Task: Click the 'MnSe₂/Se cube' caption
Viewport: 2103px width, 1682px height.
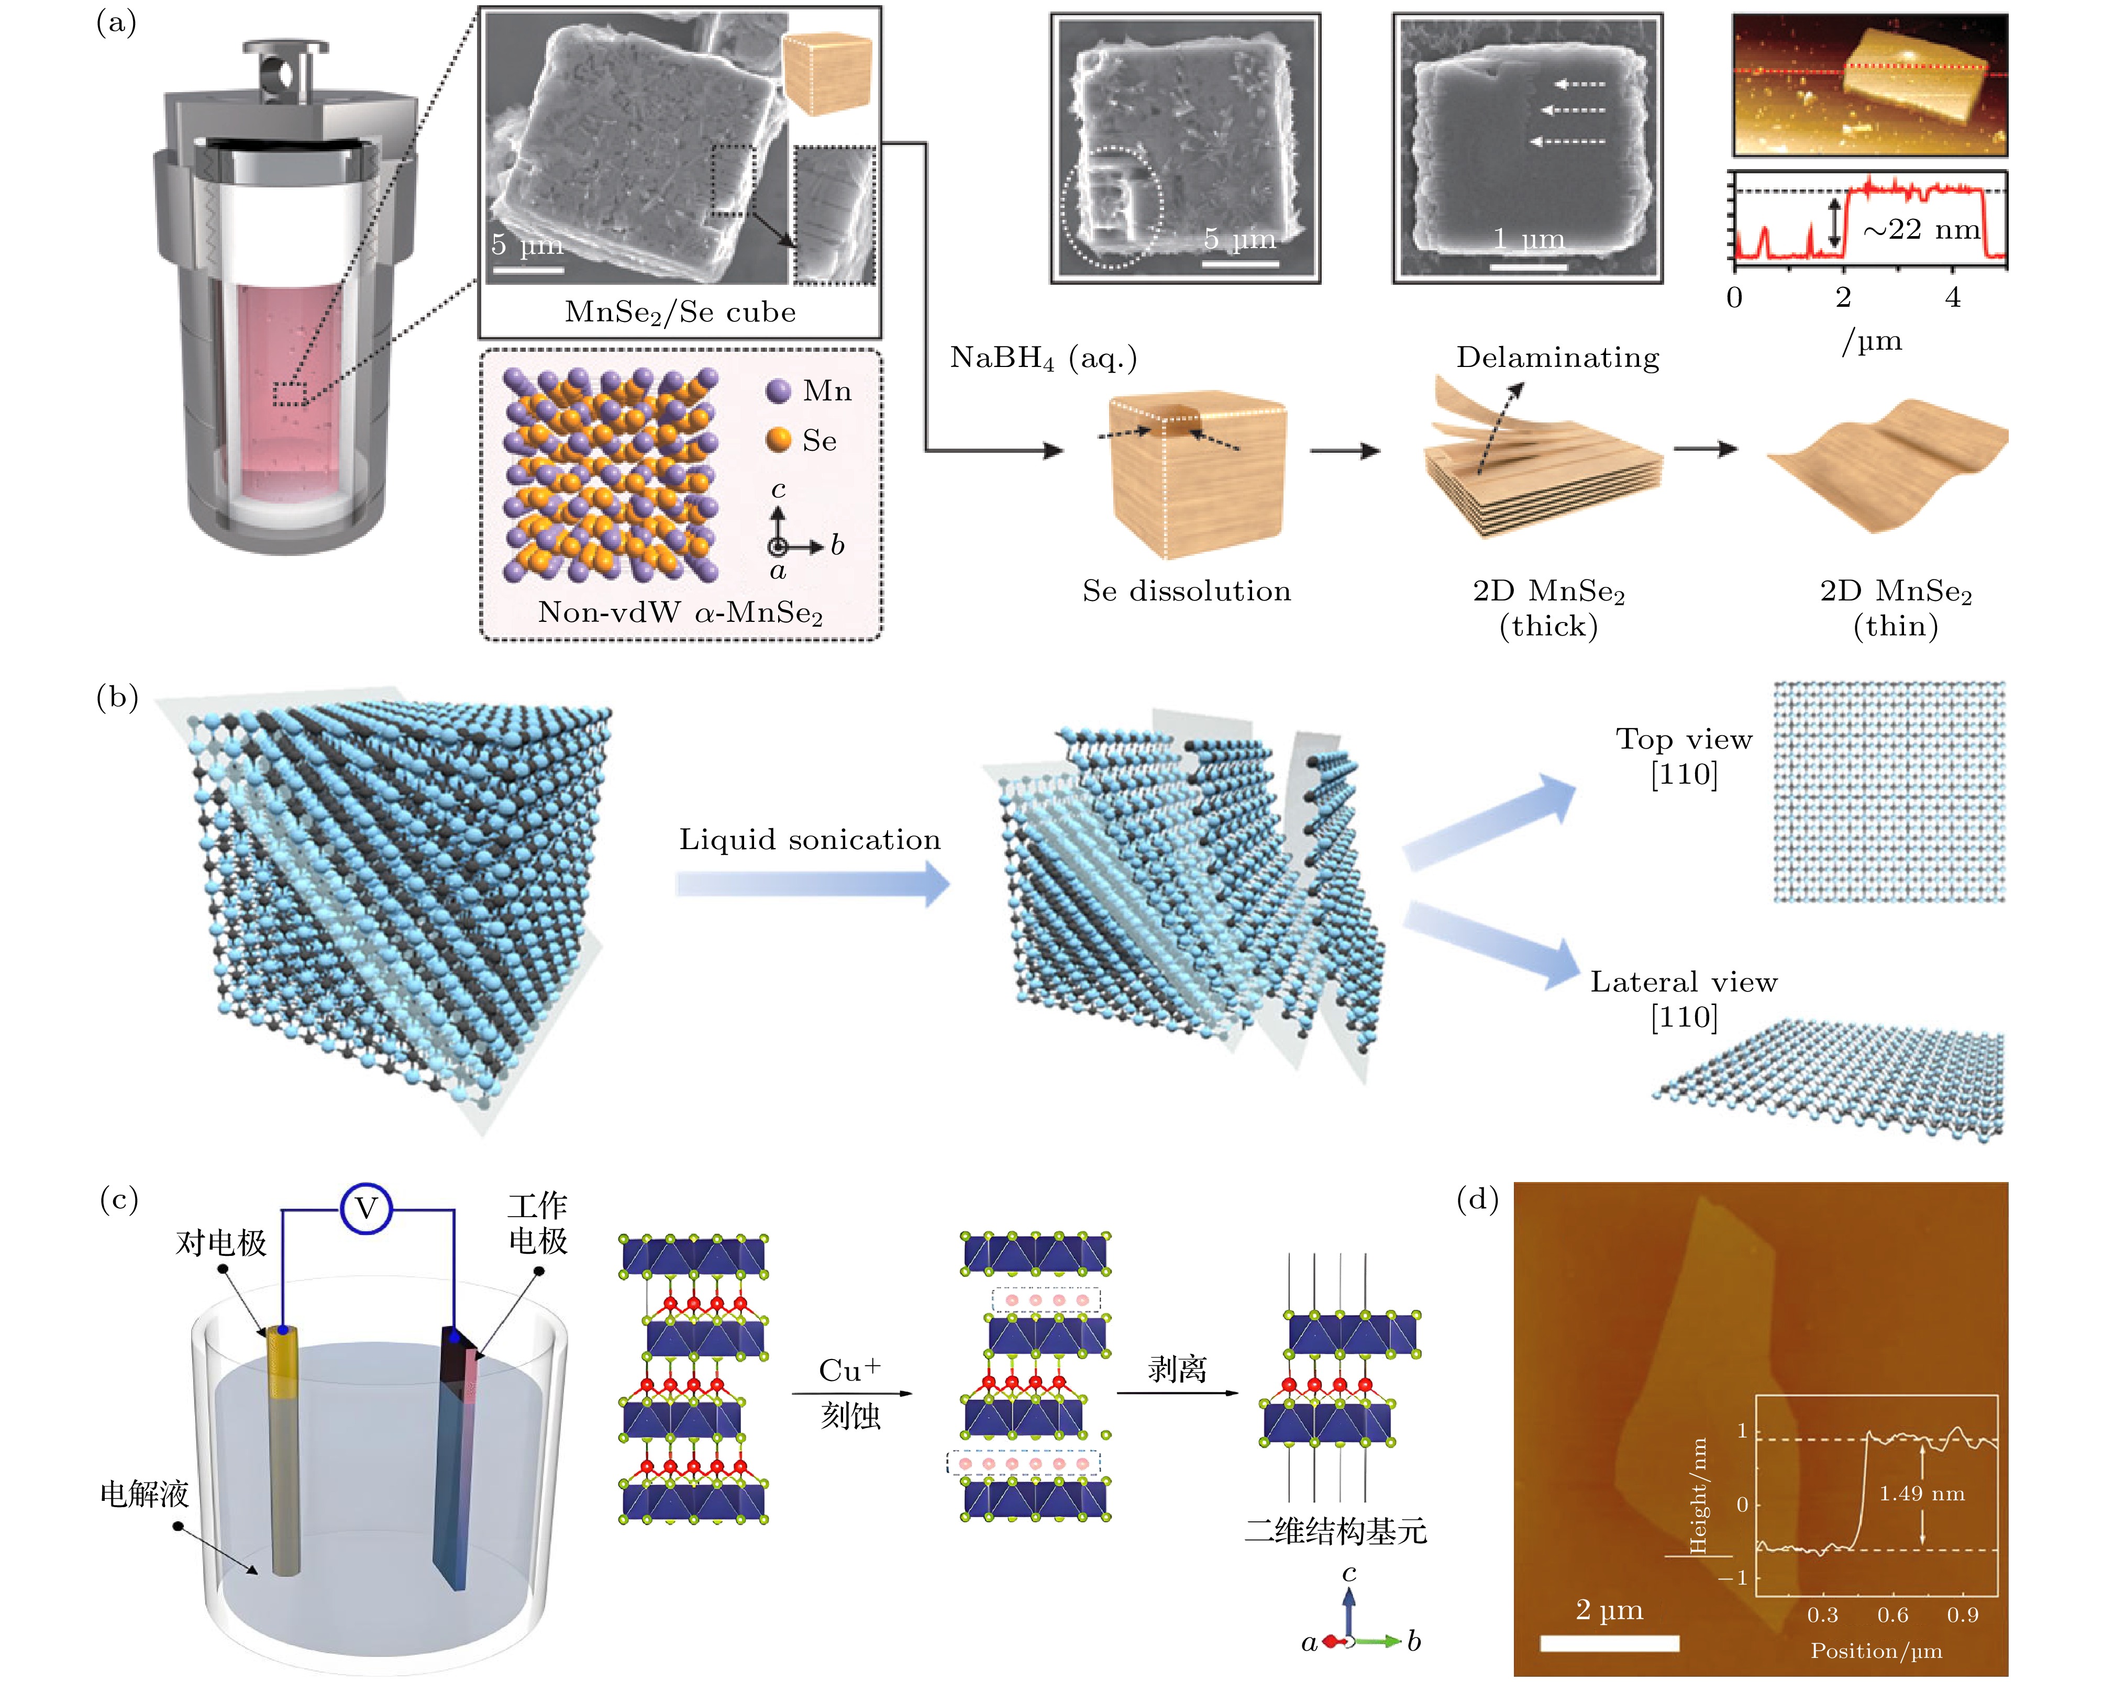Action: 680,312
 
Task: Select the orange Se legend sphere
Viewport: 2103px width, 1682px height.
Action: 778,440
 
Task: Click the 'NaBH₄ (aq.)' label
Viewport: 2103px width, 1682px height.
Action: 1043,358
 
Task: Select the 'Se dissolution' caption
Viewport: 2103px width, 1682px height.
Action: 1186,591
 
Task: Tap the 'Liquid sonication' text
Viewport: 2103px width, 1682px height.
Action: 810,840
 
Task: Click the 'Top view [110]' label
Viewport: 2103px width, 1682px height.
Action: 1684,756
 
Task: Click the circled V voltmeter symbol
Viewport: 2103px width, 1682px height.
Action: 366,1209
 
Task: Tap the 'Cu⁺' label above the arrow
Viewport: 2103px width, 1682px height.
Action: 849,1370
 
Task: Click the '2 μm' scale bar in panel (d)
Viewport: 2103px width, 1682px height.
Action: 1609,1643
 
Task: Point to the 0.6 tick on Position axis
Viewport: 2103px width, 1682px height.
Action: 1892,1614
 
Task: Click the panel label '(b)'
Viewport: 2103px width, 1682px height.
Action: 117,698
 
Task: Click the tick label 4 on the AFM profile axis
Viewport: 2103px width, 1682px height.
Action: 1952,297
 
